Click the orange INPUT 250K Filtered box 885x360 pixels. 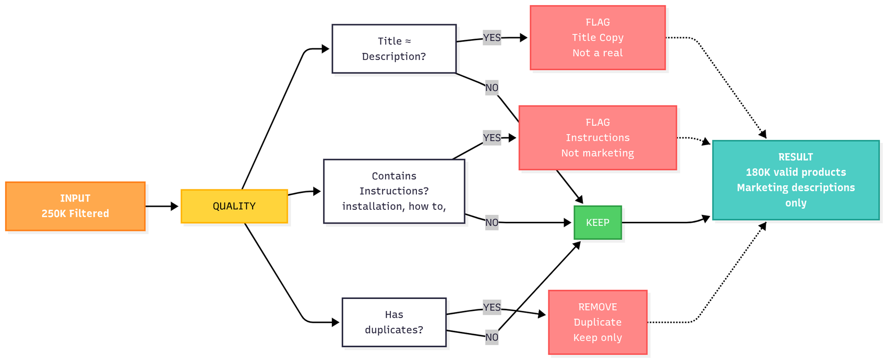tap(75, 206)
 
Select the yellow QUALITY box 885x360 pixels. tap(234, 206)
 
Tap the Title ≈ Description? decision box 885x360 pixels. tap(394, 49)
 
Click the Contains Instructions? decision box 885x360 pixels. tap(394, 191)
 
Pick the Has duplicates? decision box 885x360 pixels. tap(394, 322)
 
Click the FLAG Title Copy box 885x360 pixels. tap(598, 38)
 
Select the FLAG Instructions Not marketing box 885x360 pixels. tap(598, 138)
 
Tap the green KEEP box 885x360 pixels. tap(598, 222)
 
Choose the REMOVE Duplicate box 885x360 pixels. tap(598, 322)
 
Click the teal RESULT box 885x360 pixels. tap(796, 180)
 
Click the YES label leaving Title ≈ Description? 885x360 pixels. tap(492, 38)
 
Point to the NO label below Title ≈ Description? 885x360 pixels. tap(492, 88)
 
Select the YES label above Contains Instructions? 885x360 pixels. tap(492, 138)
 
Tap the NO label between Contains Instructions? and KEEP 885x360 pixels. tap(492, 222)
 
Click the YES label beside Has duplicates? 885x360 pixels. tap(492, 307)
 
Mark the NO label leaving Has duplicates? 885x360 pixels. tap(492, 337)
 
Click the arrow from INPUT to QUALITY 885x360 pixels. tap(162, 206)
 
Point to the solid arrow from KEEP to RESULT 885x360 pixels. tap(666, 222)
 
